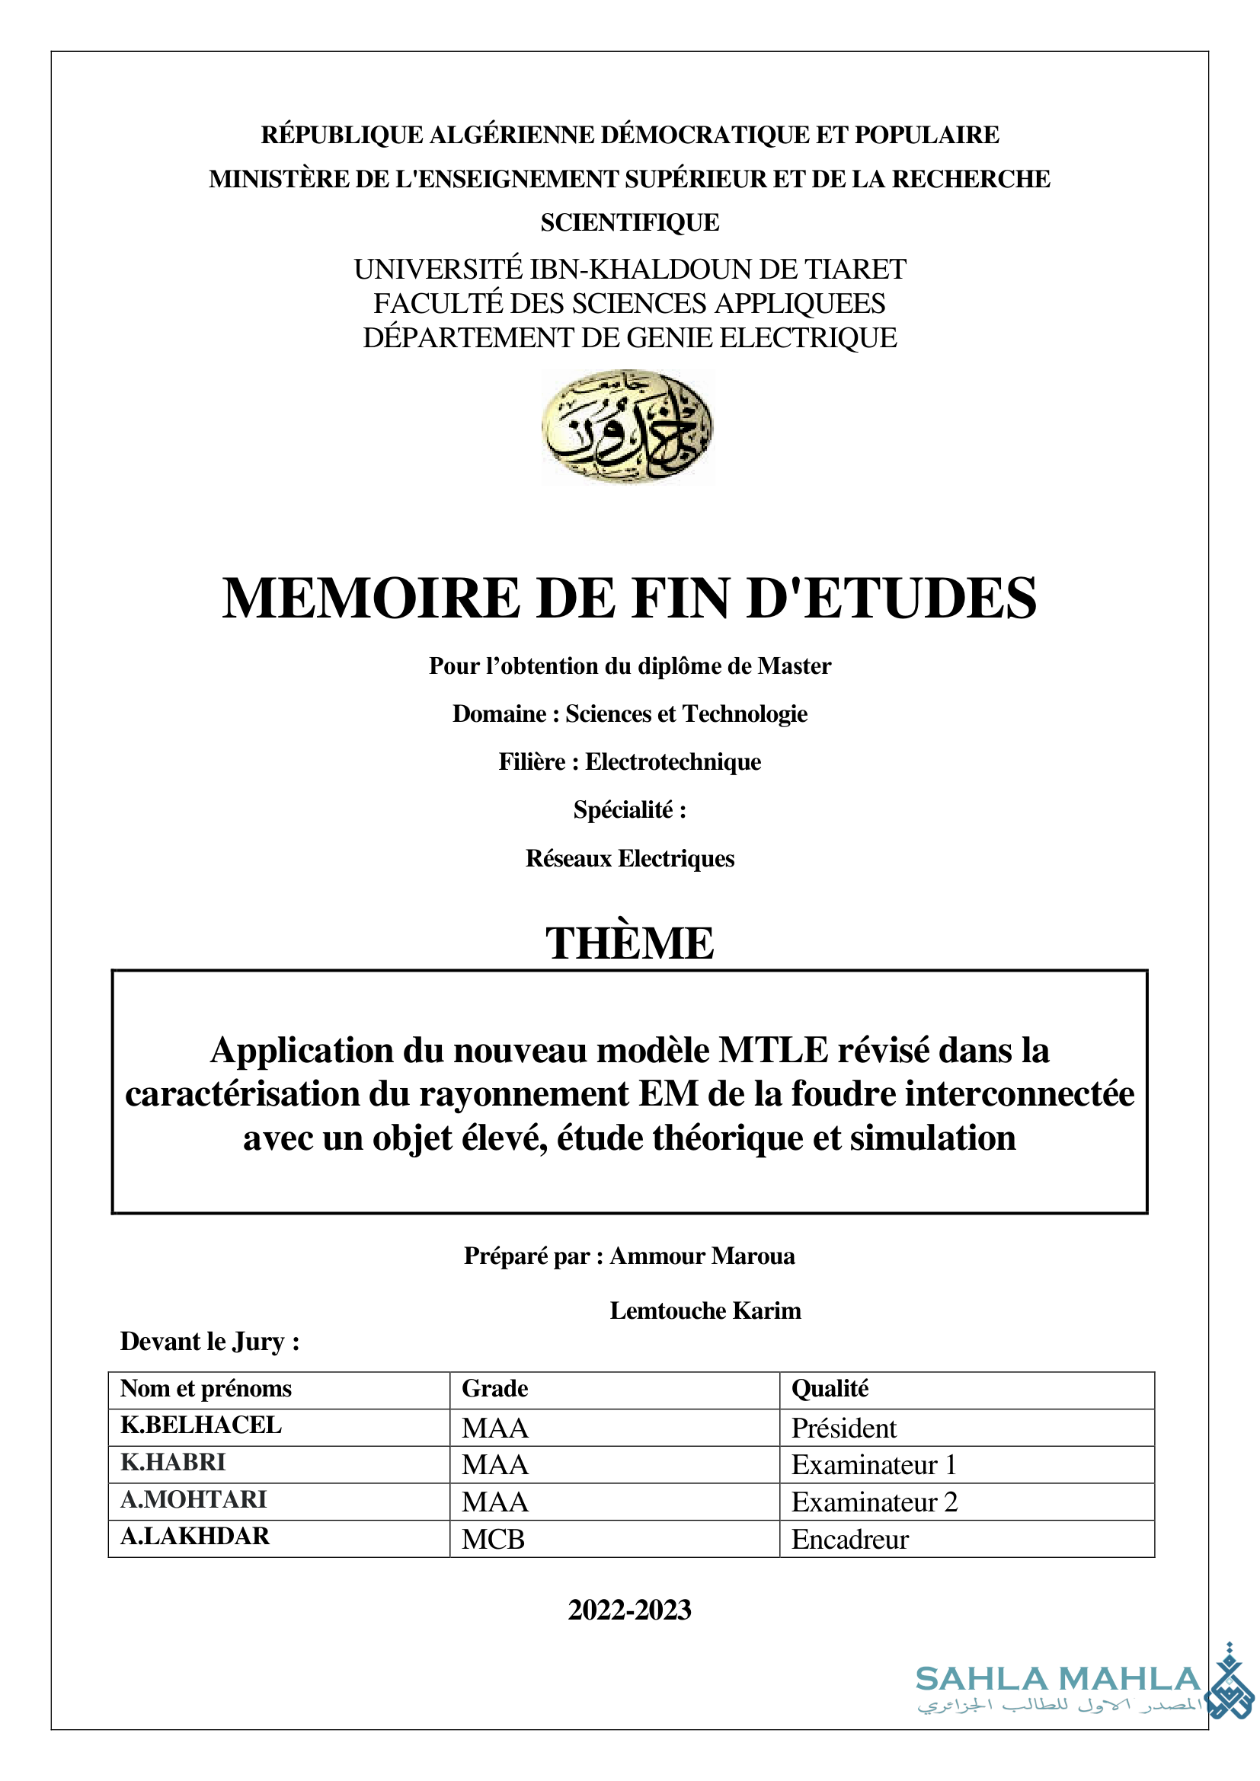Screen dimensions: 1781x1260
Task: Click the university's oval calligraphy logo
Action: (627, 426)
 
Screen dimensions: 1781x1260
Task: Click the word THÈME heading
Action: (629, 943)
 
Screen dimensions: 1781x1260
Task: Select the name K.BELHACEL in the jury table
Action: (201, 1425)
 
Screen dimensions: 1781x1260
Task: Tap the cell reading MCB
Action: (494, 1539)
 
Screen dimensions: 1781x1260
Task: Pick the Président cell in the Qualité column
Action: (843, 1428)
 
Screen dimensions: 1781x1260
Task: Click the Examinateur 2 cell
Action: (875, 1502)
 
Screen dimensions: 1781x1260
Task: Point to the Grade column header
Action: (494, 1388)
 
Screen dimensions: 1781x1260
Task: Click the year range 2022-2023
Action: (629, 1610)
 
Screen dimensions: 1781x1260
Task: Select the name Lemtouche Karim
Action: (705, 1310)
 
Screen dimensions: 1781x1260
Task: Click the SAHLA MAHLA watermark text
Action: (1057, 1679)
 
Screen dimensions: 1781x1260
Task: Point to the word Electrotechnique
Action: (673, 761)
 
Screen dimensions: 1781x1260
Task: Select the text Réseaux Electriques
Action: (629, 858)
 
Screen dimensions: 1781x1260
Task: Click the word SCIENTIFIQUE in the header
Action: (629, 222)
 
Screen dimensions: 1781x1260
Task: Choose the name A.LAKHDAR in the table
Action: (195, 1536)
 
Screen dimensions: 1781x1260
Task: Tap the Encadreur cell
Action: (849, 1539)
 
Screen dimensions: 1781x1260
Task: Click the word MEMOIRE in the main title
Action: (370, 598)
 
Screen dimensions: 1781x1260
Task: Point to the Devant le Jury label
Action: (209, 1341)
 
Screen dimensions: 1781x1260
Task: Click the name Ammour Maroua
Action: (702, 1256)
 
